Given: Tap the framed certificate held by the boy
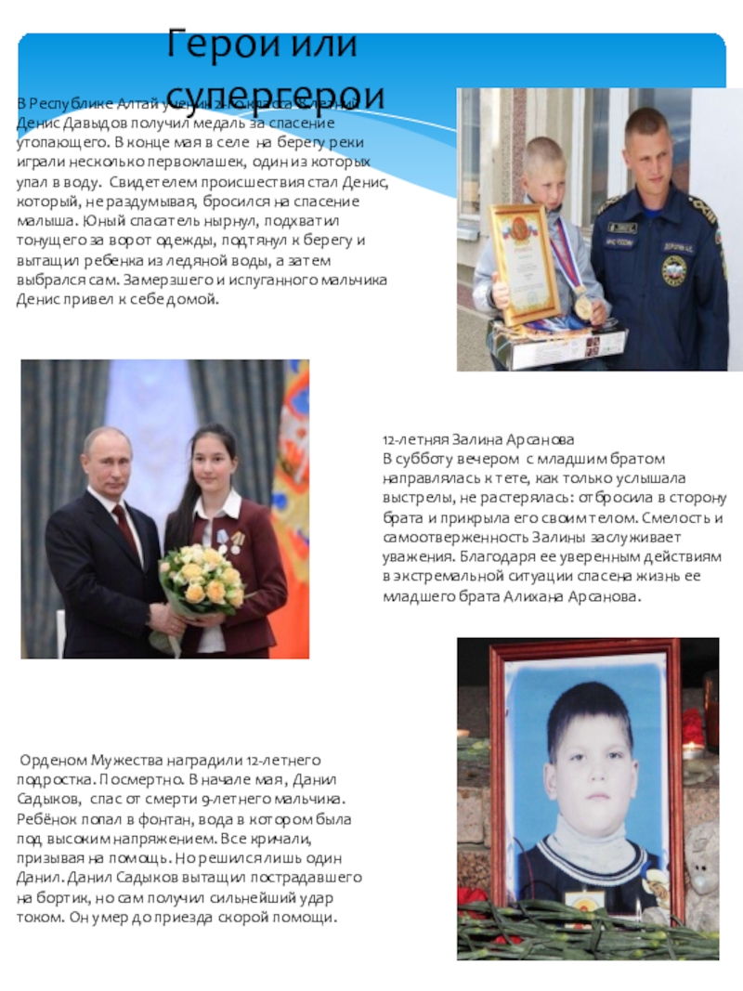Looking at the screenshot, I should coord(525,263).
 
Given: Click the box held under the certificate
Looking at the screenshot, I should coord(557,343).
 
